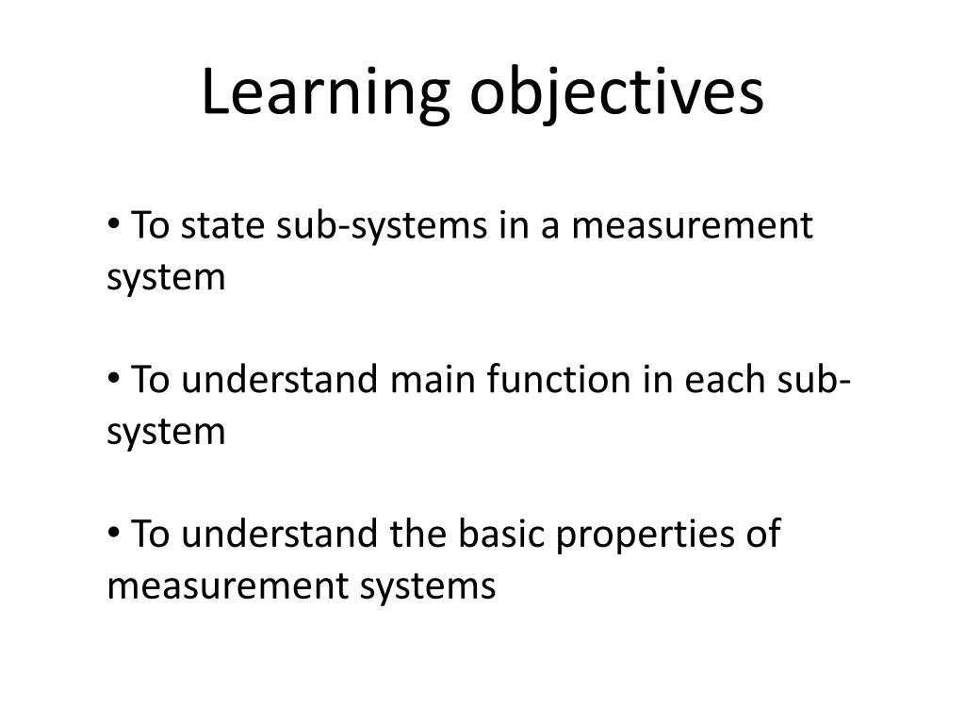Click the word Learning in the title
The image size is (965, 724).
325,92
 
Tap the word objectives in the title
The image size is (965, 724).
616,92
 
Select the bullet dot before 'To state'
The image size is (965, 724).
113,223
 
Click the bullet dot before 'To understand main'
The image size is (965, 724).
113,377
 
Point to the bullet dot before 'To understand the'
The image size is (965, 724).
113,532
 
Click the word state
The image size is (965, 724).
222,225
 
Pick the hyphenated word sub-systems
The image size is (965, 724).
382,227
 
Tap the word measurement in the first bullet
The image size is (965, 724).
693,226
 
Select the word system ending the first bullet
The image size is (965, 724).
166,278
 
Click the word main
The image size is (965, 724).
433,379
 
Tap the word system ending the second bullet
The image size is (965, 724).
166,432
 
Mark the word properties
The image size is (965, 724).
646,535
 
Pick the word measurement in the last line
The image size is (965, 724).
227,585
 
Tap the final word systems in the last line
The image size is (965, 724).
428,586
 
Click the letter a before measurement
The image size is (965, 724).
550,228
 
